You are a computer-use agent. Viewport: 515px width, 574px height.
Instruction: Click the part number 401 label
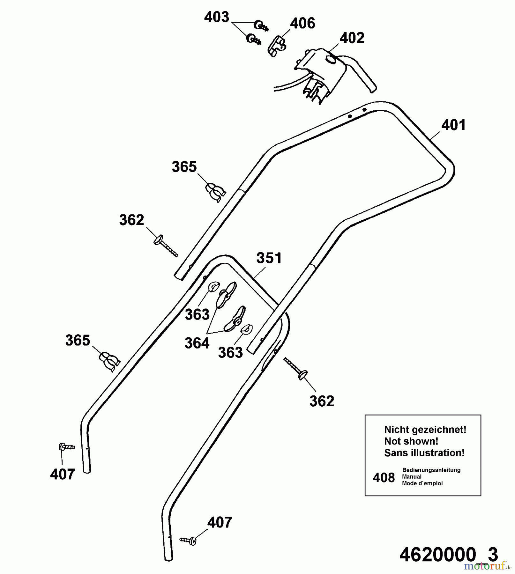(x=453, y=125)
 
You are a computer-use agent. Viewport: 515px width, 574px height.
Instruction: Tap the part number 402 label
(x=352, y=38)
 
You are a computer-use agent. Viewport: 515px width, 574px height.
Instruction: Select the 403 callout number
(x=217, y=17)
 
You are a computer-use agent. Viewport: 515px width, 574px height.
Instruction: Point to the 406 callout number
(x=302, y=23)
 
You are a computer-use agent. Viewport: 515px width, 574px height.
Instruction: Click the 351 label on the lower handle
(x=269, y=258)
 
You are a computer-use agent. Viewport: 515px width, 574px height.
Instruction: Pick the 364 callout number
(x=197, y=343)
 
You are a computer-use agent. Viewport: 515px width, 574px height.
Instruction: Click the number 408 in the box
(x=384, y=478)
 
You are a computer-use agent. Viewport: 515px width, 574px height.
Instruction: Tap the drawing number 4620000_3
(x=448, y=555)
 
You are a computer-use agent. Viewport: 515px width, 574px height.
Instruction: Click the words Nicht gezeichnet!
(x=425, y=430)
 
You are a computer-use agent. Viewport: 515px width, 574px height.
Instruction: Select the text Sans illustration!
(x=424, y=453)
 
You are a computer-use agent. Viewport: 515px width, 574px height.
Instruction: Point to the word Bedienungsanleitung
(x=431, y=470)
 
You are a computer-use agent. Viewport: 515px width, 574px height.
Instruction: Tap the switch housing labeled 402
(x=322, y=73)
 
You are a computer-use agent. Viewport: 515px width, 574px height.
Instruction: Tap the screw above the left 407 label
(x=66, y=447)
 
